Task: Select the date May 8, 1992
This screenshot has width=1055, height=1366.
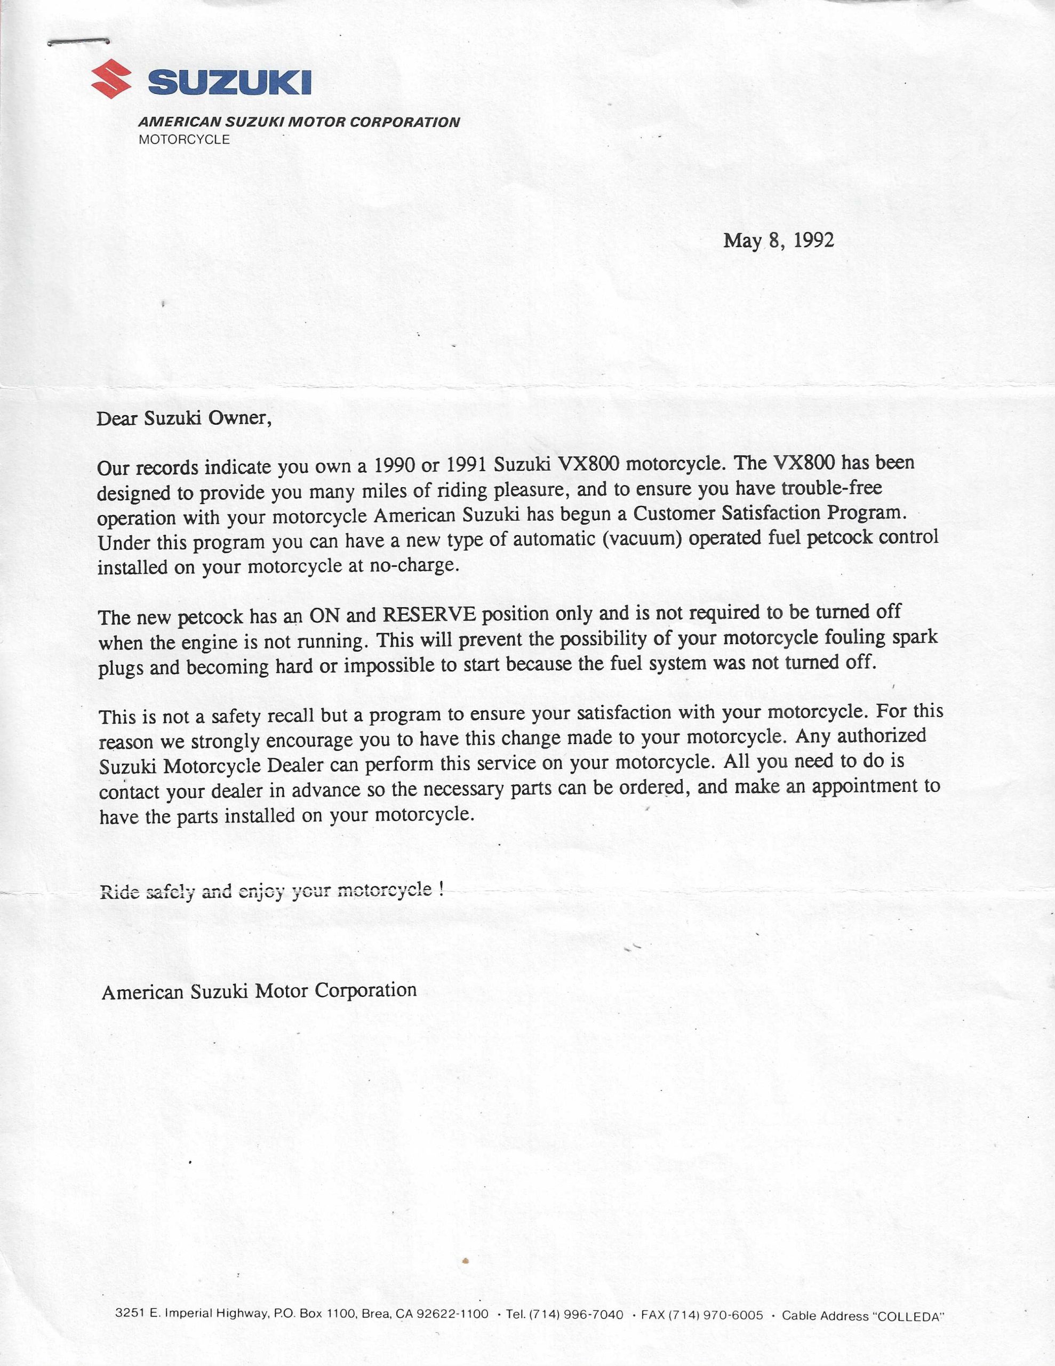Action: click(x=778, y=241)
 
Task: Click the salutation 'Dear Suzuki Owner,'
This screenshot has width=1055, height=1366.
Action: click(x=184, y=418)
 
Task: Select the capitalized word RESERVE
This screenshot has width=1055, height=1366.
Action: click(x=428, y=615)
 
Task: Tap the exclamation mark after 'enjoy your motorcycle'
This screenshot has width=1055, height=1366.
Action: click(x=442, y=890)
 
